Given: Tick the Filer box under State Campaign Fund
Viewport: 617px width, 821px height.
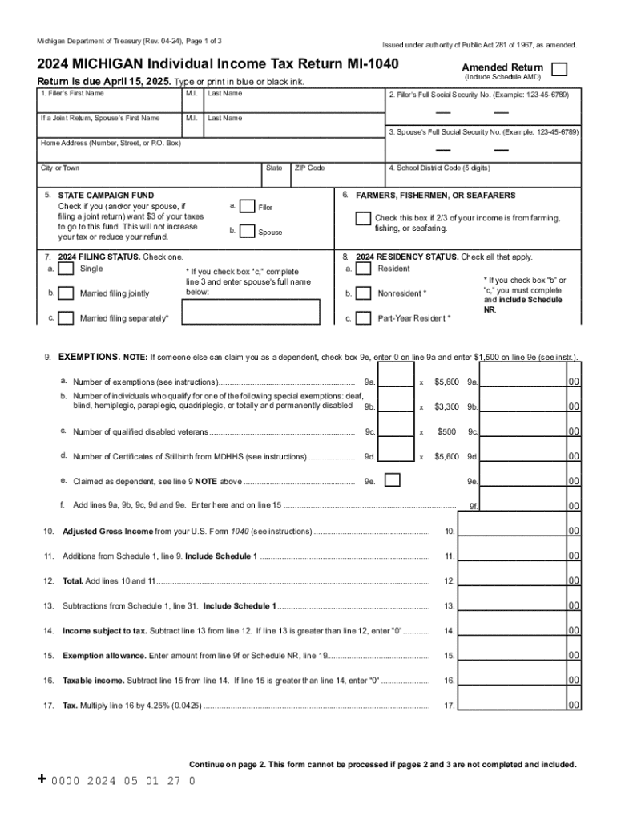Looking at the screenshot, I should pyautogui.click(x=248, y=207).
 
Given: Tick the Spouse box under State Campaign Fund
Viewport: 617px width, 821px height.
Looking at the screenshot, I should pyautogui.click(x=248, y=232).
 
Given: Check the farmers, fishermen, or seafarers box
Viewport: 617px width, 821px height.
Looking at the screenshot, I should pyautogui.click(x=363, y=219).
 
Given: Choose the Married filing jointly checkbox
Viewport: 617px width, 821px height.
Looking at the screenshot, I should pyautogui.click(x=65, y=293).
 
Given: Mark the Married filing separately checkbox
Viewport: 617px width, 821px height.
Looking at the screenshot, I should pyautogui.click(x=65, y=318).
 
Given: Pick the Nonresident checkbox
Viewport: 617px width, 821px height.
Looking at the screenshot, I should pyautogui.click(x=363, y=293).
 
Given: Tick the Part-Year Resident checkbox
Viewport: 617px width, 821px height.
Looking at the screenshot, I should pyautogui.click(x=363, y=318).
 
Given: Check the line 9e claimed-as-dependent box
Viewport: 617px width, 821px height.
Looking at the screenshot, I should pyautogui.click(x=393, y=480).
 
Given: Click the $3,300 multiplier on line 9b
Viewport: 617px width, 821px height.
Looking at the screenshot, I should pyautogui.click(x=446, y=406).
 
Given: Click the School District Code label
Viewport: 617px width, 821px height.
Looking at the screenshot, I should pyautogui.click(x=438, y=168).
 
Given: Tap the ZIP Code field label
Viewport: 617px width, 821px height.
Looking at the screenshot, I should pyautogui.click(x=309, y=168).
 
